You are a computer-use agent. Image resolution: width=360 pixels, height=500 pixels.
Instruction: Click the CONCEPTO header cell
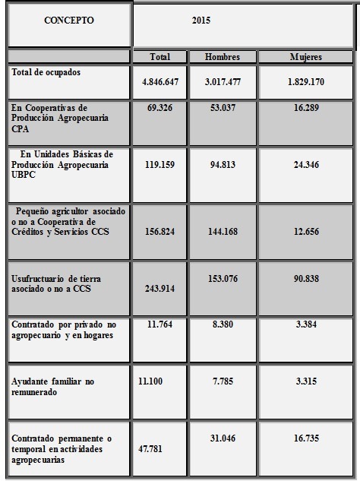(x=69, y=21)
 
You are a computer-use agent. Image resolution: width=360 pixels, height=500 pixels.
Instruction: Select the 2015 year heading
(x=201, y=21)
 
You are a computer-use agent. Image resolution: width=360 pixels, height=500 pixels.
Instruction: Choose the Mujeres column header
(x=305, y=57)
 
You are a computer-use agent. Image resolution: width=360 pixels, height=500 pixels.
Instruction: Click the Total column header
(x=159, y=57)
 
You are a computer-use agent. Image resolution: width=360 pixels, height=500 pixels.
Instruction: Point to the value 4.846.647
(x=159, y=81)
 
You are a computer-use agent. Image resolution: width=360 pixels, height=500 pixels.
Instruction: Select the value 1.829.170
(x=305, y=81)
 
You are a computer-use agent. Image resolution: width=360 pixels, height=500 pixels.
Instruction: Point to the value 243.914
(x=159, y=298)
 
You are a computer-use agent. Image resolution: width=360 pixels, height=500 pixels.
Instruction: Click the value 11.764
(x=159, y=324)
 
